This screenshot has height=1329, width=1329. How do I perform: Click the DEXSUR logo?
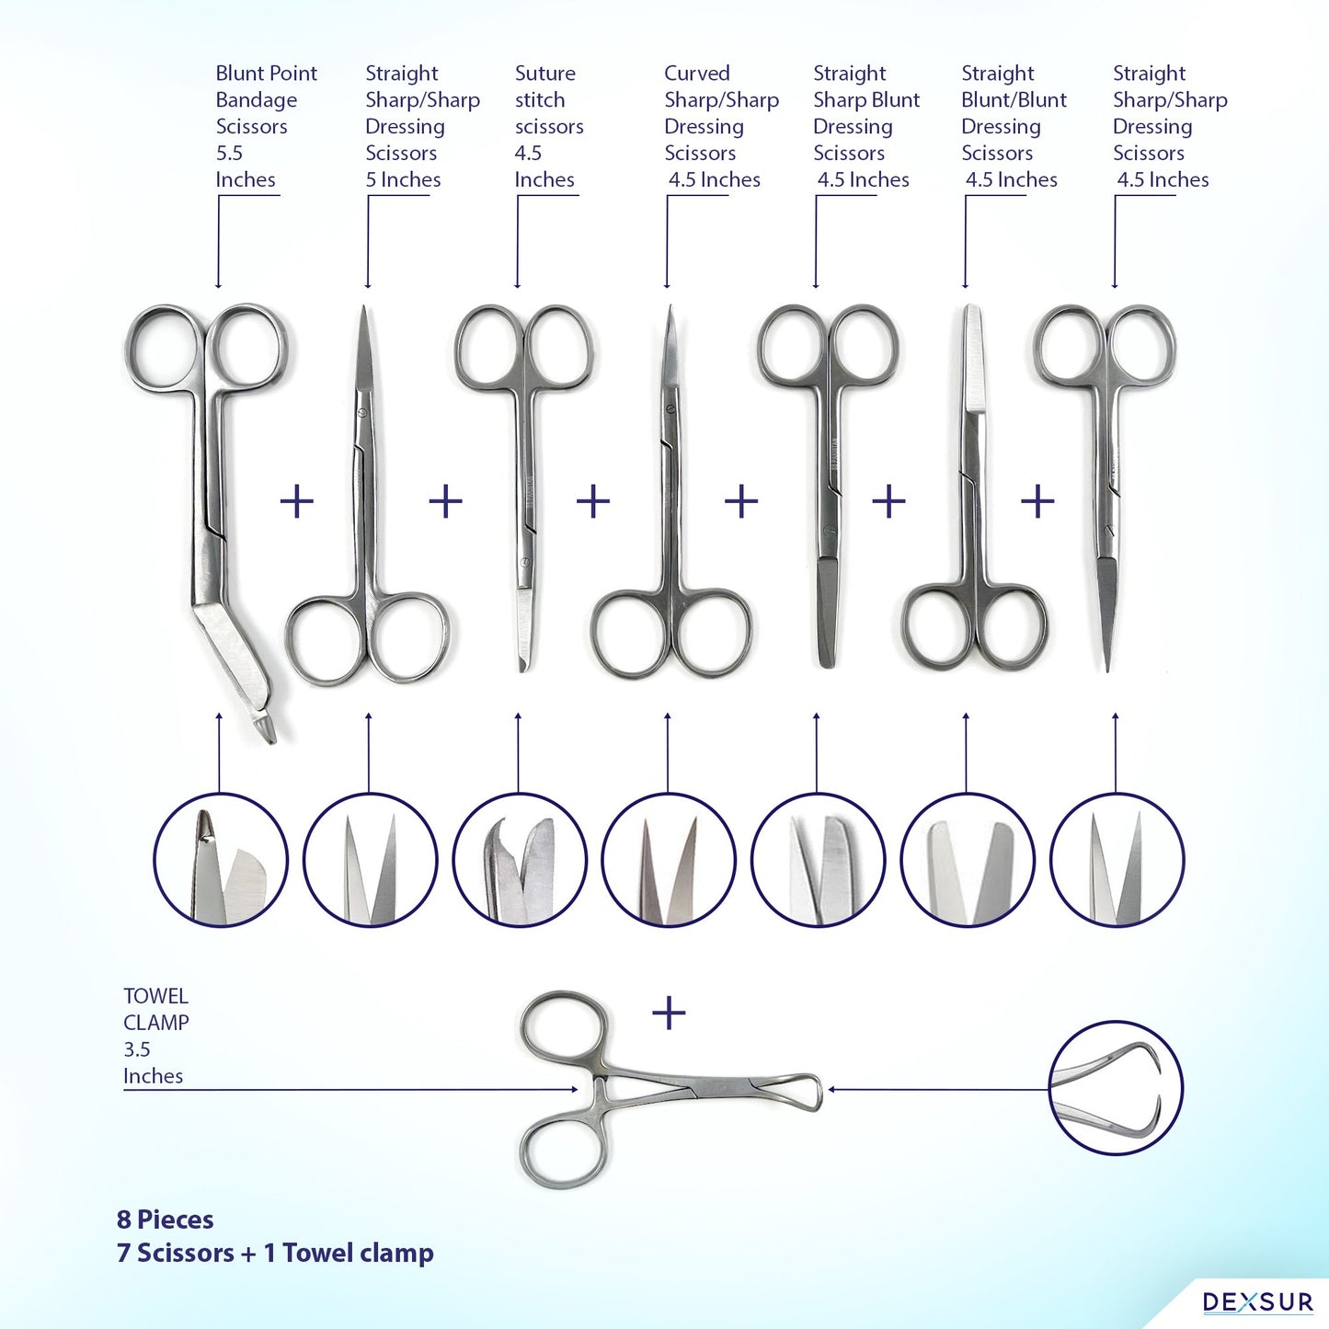pyautogui.click(x=1257, y=1301)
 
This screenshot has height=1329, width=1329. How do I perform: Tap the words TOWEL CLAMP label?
pyautogui.click(x=155, y=1008)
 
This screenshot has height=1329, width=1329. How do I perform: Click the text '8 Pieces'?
pyautogui.click(x=165, y=1220)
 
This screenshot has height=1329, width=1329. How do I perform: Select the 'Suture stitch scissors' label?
pyautogui.click(x=549, y=126)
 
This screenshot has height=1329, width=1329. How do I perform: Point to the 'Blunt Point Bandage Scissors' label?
pyautogui.click(x=266, y=126)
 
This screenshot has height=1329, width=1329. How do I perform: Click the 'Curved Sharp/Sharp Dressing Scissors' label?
pyautogui.click(x=721, y=126)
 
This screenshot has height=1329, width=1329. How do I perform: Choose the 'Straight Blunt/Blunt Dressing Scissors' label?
pyautogui.click(x=1014, y=126)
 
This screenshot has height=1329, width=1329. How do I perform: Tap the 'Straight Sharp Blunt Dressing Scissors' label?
pyautogui.click(x=866, y=126)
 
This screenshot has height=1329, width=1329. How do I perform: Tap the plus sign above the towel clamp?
pyautogui.click(x=669, y=1014)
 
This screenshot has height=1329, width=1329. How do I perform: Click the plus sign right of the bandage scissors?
pyautogui.click(x=296, y=501)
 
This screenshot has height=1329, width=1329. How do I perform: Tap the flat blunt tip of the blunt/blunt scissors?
pyautogui.click(x=971, y=308)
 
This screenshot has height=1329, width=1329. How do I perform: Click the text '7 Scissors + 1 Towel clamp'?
pyautogui.click(x=275, y=1254)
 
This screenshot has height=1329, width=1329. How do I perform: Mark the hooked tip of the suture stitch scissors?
pyautogui.click(x=523, y=665)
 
